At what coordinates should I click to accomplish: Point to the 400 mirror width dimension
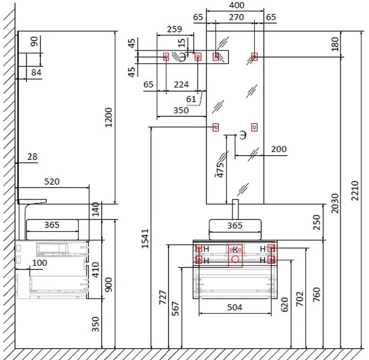tap(236, 5)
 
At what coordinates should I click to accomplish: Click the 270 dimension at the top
tap(236, 17)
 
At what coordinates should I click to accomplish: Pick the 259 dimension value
tap(174, 29)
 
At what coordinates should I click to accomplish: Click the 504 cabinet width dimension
tap(234, 307)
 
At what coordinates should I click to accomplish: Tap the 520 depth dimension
tap(52, 182)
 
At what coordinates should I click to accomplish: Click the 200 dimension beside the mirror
tap(279, 149)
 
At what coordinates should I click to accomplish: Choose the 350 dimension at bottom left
tap(95, 323)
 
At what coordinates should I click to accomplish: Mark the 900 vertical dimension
tap(109, 284)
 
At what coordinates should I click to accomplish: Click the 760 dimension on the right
tap(316, 294)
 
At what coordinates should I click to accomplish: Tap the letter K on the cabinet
tap(235, 248)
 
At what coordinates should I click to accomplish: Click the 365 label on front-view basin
tap(234, 226)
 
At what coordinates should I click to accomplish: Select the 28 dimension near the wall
tap(32, 156)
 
